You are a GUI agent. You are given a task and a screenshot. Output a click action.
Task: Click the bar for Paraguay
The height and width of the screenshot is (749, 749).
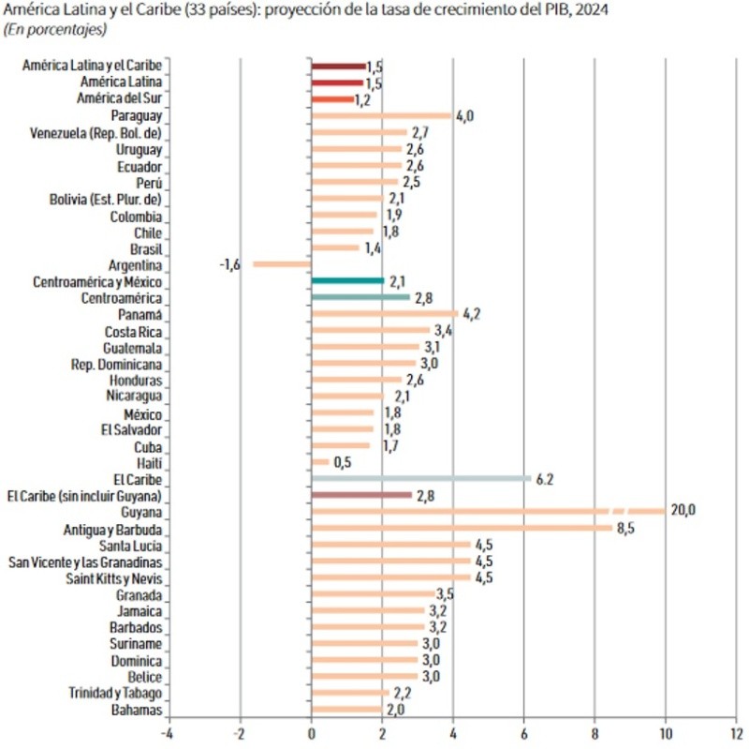pyautogui.click(x=381, y=115)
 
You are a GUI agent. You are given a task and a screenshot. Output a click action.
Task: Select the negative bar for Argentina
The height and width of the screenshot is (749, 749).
pyautogui.click(x=282, y=264)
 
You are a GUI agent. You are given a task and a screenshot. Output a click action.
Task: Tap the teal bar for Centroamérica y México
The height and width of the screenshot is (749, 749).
pyautogui.click(x=347, y=281)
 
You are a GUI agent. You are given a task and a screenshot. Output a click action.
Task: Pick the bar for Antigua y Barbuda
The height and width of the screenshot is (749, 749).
pyautogui.click(x=462, y=528)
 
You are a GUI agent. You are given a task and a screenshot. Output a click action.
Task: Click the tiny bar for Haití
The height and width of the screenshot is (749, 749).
pyautogui.click(x=320, y=462)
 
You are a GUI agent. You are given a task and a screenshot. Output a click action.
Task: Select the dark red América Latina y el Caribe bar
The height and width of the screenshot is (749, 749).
pyautogui.click(x=338, y=66)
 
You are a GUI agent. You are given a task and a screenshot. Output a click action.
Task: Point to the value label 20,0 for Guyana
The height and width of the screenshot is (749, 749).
pyautogui.click(x=683, y=511)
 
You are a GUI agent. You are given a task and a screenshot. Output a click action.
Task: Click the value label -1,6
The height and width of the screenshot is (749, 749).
pyautogui.click(x=230, y=264)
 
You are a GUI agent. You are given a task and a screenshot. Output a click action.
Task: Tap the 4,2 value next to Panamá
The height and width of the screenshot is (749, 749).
pyautogui.click(x=471, y=314)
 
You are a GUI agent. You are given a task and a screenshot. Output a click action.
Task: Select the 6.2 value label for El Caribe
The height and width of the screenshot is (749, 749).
pyautogui.click(x=546, y=478)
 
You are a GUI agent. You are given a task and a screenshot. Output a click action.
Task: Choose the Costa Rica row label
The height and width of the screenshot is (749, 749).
pyautogui.click(x=134, y=331)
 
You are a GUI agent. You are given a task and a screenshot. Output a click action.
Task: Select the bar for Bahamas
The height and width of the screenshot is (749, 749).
pyautogui.click(x=346, y=710)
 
